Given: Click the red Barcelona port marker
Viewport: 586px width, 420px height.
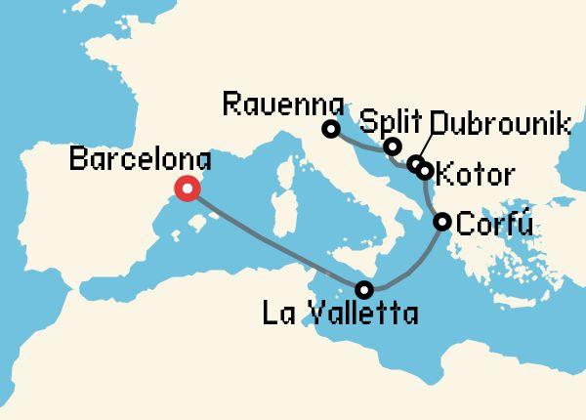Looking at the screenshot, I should [186, 190].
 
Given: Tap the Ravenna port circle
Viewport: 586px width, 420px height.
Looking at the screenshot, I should [331, 129].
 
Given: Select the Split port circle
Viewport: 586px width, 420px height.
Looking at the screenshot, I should [393, 147].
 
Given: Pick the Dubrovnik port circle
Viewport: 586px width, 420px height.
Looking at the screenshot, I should [416, 163].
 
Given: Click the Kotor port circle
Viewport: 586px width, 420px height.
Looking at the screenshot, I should [424, 171].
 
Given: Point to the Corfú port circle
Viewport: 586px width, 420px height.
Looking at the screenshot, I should [441, 222].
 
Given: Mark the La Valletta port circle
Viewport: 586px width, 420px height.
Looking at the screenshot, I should [364, 289].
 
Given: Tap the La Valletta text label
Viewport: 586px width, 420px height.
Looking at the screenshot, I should [341, 315].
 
